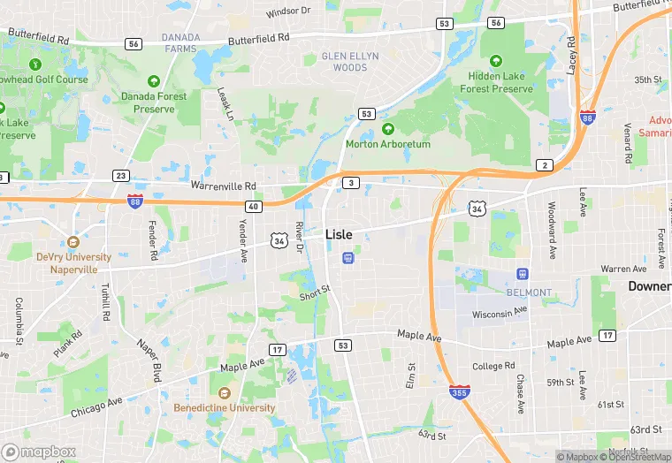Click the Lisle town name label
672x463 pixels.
tap(339, 234)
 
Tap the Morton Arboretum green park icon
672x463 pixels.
tap(387, 129)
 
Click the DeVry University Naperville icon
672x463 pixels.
tap(73, 241)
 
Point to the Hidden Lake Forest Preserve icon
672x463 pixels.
tap(495, 62)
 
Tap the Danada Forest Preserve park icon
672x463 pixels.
tap(154, 80)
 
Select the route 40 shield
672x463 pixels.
tap(254, 206)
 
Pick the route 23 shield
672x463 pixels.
tap(121, 176)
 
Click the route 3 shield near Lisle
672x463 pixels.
tap(352, 182)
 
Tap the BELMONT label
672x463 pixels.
tap(529, 292)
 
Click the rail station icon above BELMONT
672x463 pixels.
tap(523, 274)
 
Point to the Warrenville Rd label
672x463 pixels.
tap(223, 186)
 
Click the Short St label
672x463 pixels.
tap(314, 292)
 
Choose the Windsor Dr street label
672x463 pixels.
tap(288, 11)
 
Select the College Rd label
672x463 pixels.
tap(493, 366)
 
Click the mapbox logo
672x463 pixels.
tap(40, 452)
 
